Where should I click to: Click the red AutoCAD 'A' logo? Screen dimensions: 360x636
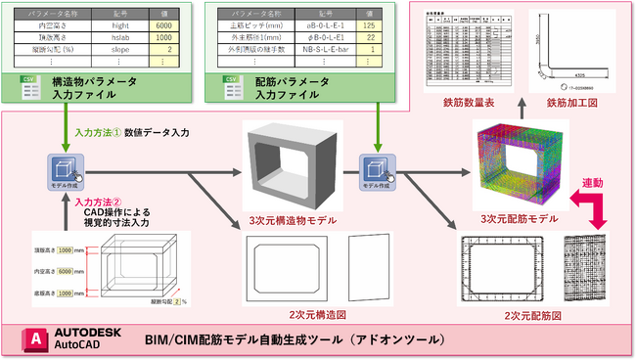point(38,339)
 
